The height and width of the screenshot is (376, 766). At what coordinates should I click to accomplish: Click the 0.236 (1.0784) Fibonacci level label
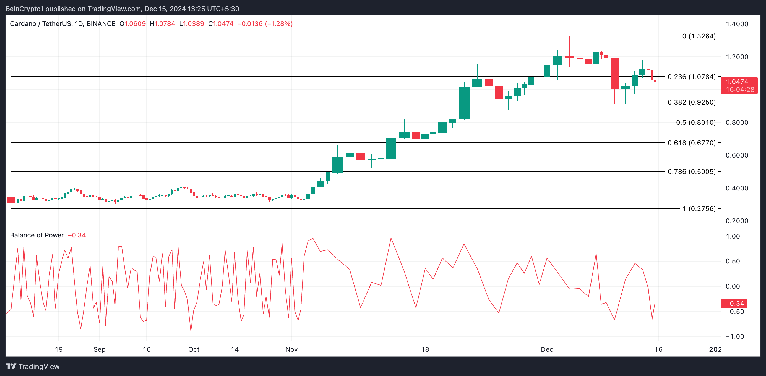click(x=691, y=77)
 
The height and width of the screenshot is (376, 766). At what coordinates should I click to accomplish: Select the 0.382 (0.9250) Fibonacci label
click(x=691, y=102)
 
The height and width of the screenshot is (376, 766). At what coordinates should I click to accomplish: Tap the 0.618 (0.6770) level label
click(x=691, y=143)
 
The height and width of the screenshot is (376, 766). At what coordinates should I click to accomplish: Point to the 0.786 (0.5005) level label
click(x=691, y=171)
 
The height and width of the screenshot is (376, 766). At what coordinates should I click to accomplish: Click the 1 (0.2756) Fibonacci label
click(x=699, y=209)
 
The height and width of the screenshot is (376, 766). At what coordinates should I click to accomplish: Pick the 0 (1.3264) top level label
click(x=699, y=36)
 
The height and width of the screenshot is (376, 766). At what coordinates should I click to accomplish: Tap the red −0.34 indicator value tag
click(x=734, y=304)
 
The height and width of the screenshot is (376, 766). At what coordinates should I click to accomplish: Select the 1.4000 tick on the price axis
click(x=737, y=24)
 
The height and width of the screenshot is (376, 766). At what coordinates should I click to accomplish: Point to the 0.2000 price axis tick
click(x=737, y=221)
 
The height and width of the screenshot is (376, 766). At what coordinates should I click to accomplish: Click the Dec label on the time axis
click(x=546, y=349)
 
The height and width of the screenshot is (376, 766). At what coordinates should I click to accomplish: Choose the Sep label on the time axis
click(x=99, y=349)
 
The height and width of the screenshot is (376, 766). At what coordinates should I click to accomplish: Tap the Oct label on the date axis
click(x=194, y=349)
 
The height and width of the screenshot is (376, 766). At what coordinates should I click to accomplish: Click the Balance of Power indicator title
click(x=37, y=235)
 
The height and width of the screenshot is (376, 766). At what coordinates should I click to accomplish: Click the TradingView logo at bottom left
click(x=33, y=367)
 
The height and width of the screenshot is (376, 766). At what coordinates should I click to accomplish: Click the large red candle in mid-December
click(x=614, y=74)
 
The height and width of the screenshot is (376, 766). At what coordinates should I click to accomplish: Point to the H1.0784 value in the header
click(x=162, y=24)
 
